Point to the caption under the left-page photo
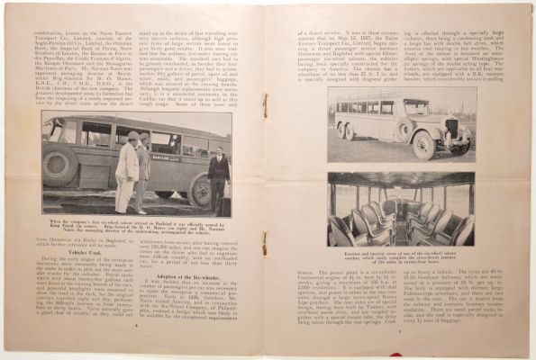point(136,224)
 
